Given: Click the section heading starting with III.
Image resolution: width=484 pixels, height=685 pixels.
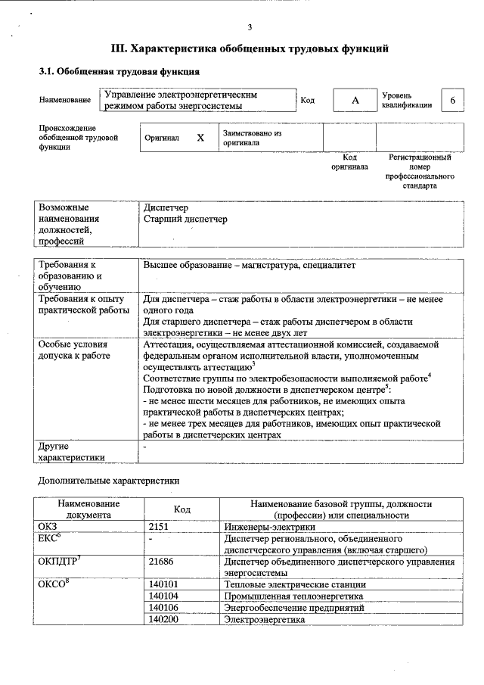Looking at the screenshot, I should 250,49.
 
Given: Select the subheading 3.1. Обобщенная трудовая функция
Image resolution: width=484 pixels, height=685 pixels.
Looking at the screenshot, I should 119,72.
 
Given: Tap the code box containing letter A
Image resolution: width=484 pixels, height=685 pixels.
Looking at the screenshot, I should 354,101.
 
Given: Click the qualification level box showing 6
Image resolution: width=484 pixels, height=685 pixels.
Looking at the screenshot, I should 452,101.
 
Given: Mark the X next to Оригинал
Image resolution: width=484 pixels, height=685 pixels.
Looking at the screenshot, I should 200,139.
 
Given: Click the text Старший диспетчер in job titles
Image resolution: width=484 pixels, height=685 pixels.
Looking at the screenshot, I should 185,220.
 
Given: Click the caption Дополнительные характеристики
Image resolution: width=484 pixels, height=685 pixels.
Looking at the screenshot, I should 109,481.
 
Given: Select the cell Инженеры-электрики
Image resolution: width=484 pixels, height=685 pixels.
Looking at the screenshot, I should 268,526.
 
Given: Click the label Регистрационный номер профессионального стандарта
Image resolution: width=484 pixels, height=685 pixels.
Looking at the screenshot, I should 420,171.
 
